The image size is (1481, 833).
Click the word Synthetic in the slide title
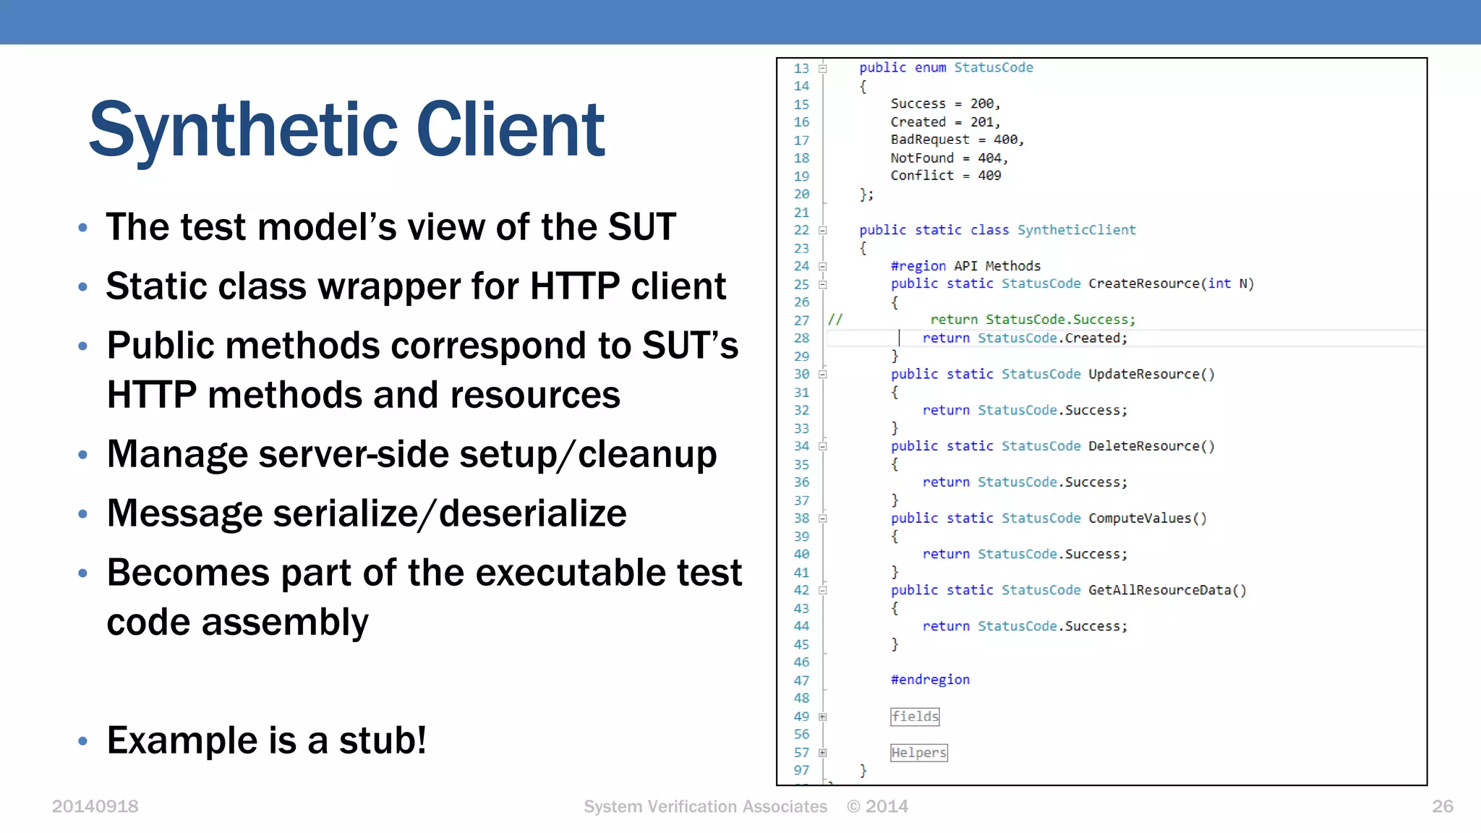pyautogui.click(x=242, y=130)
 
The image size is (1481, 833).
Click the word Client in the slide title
pyautogui.click(x=510, y=130)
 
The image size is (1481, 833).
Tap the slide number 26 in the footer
pyautogui.click(x=1442, y=806)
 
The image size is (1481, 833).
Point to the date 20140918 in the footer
pyautogui.click(x=95, y=806)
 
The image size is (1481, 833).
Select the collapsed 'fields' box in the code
pyautogui.click(x=915, y=717)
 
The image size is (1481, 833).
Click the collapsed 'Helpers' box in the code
pyautogui.click(x=918, y=753)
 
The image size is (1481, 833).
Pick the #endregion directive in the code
pyautogui.click(x=930, y=680)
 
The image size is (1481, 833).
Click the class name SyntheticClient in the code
pyautogui.click(x=1076, y=230)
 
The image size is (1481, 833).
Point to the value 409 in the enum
pyautogui.click(x=989, y=176)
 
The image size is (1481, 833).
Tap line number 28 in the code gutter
pyautogui.click(x=801, y=338)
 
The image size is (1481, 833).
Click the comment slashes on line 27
pyautogui.click(x=835, y=320)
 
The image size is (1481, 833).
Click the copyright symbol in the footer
pyautogui.click(x=854, y=806)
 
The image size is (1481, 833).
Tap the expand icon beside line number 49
pyautogui.click(x=823, y=717)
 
